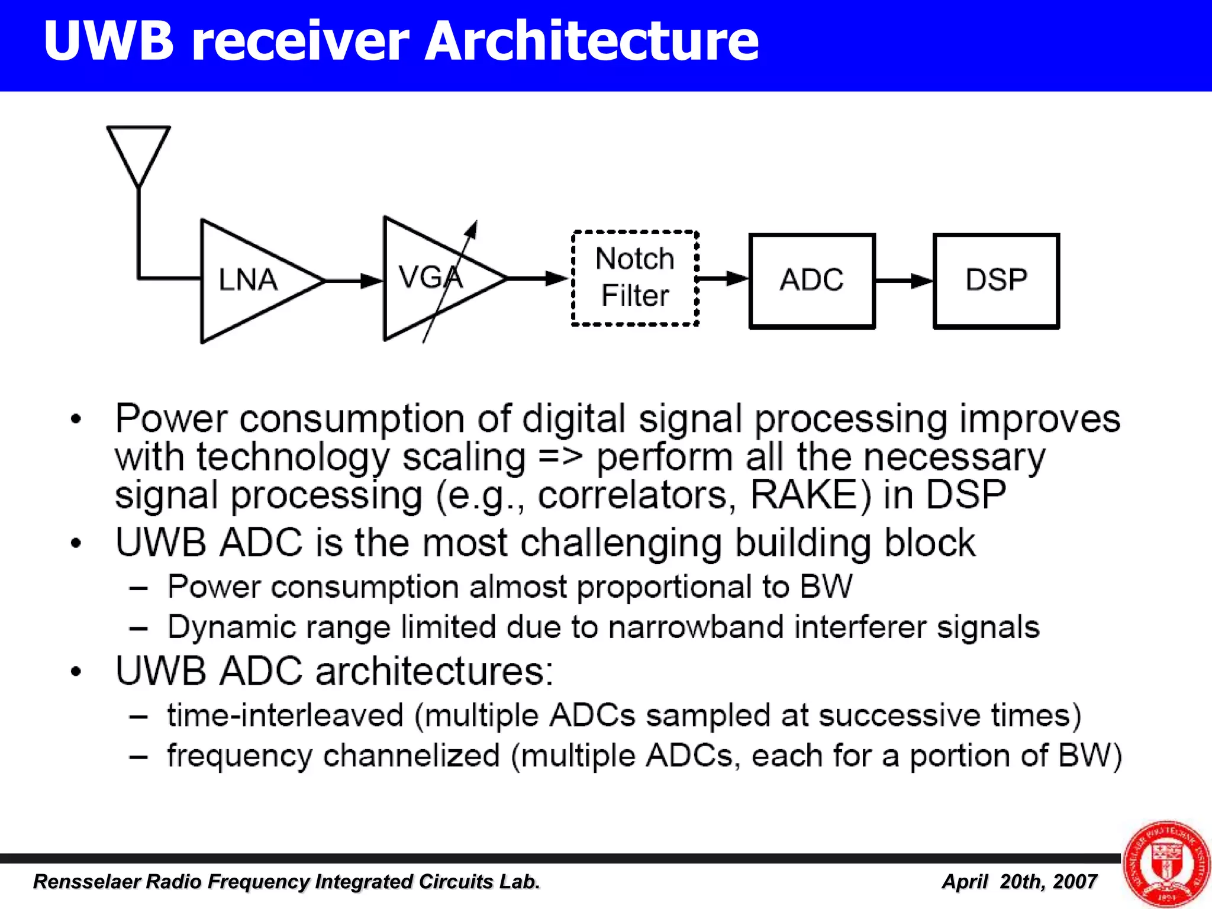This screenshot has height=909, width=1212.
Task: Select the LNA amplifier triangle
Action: tap(249, 281)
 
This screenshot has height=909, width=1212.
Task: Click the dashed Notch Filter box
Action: tap(635, 278)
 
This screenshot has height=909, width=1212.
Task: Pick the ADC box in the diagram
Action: tap(812, 281)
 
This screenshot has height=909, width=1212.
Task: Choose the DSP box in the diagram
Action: tap(996, 281)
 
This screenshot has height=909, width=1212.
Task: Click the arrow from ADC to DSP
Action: tap(904, 281)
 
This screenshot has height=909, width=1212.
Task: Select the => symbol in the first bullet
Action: tap(560, 457)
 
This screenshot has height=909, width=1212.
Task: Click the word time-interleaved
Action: tap(285, 715)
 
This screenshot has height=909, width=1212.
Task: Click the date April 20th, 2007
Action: tap(1019, 882)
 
